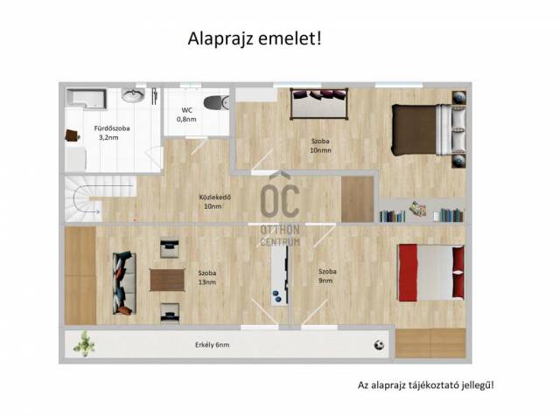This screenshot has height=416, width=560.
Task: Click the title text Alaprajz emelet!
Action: (255, 38)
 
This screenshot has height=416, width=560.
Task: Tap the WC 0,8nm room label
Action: (186, 114)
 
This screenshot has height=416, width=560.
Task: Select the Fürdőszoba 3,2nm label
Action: (111, 133)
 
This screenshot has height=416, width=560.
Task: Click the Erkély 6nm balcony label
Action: (212, 345)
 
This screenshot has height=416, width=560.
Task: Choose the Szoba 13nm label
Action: (207, 278)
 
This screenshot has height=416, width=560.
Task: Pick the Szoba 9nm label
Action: (327, 276)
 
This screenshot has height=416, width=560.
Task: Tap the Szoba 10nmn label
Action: (320, 146)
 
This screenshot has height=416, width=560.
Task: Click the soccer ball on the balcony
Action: (379, 345)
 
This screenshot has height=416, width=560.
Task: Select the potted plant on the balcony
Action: (84, 343)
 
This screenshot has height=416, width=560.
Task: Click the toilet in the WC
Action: (216, 103)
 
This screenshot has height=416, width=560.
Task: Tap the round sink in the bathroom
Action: (133, 95)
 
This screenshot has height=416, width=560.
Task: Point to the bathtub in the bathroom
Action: (87, 98)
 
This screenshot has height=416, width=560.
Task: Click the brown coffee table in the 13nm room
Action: (167, 280)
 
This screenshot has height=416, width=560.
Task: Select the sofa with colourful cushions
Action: (124, 283)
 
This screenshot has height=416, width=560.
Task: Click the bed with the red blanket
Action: (431, 273)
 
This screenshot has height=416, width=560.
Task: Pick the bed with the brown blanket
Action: (429, 129)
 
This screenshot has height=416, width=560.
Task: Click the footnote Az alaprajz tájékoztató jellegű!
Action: (426, 385)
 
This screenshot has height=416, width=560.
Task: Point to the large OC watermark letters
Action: (280, 200)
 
